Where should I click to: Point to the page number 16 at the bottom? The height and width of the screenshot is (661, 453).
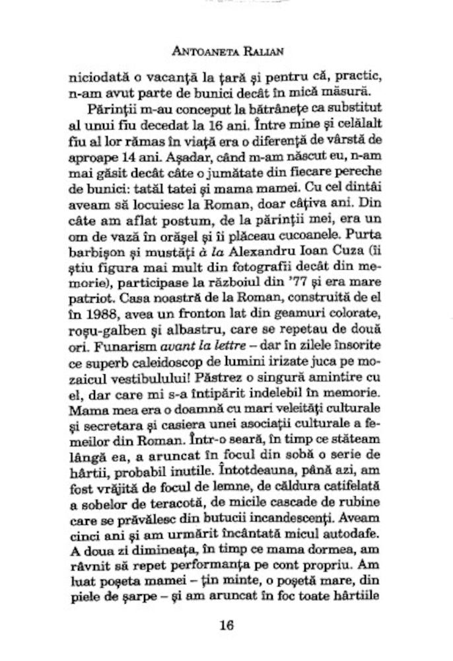pyautogui.click(x=226, y=625)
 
